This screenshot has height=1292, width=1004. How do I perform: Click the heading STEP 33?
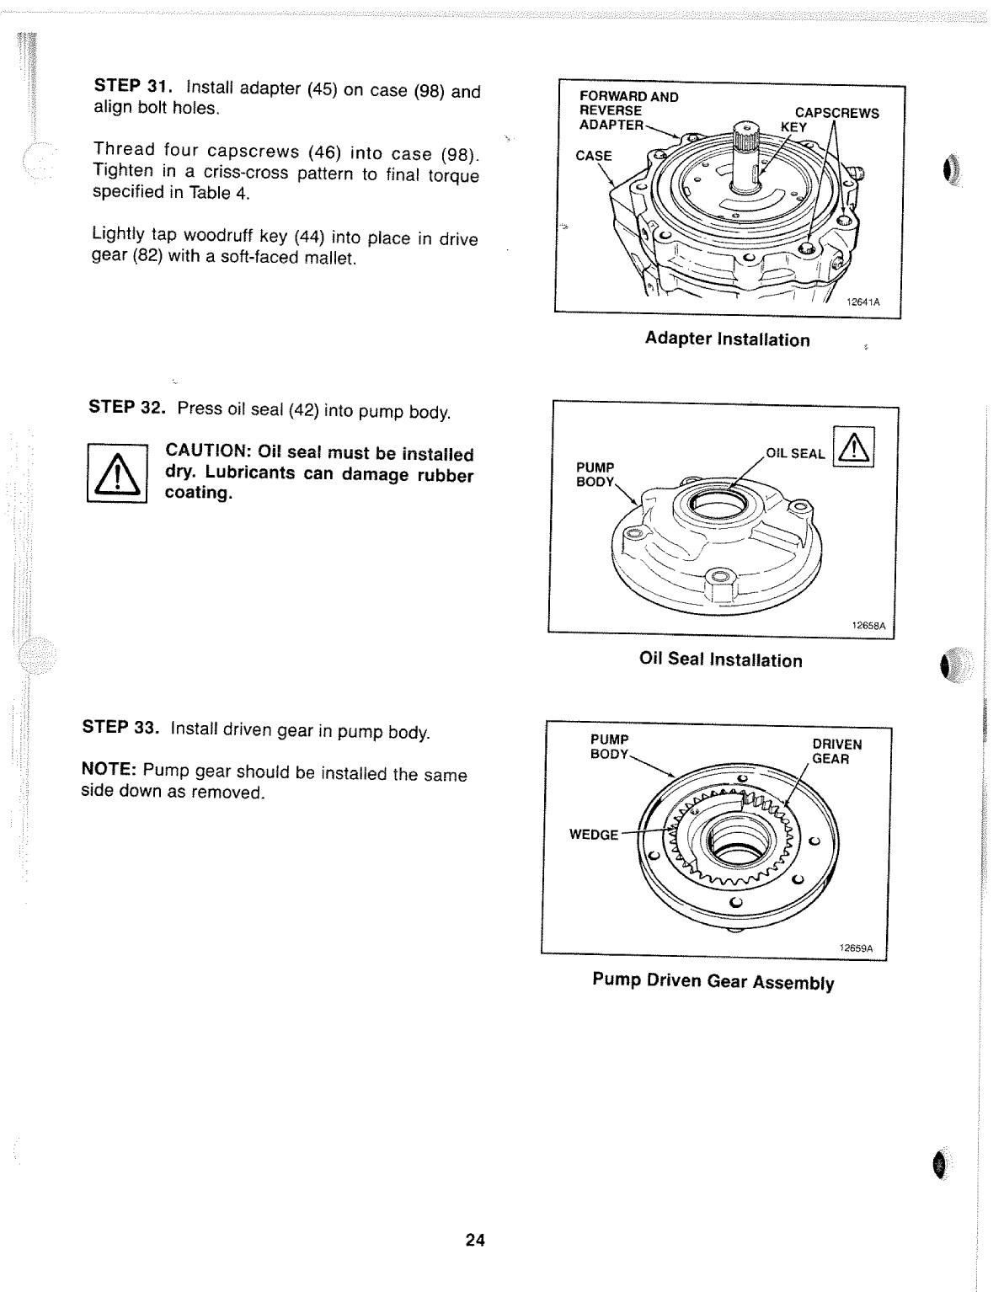point(120,728)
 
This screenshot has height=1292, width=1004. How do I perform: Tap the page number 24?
point(474,1240)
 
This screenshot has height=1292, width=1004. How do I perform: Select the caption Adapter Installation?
point(727,339)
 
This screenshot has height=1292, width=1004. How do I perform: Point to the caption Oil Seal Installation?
point(720,660)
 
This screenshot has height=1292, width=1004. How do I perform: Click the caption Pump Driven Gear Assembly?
point(713,982)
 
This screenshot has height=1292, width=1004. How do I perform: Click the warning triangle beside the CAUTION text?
point(117,473)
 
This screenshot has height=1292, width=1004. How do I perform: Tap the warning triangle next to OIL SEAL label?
point(853,446)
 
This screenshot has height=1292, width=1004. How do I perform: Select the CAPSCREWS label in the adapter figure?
point(836,113)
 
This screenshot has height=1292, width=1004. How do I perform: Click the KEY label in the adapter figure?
point(793,127)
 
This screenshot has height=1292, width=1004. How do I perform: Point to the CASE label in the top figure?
point(593,156)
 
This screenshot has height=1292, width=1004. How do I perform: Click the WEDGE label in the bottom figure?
point(593,835)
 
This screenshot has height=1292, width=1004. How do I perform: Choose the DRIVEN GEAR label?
point(836,751)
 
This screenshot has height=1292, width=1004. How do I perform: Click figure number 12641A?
point(862,302)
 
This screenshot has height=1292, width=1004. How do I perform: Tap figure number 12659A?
point(856,948)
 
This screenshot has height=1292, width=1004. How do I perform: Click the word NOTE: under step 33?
point(109,771)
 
